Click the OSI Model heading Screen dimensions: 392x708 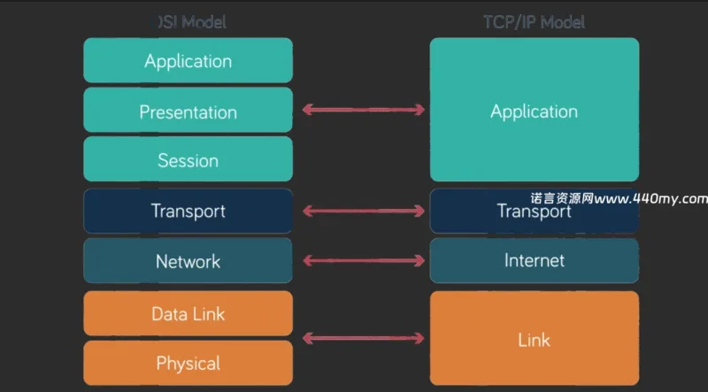(x=191, y=21)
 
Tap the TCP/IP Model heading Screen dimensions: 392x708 (x=534, y=21)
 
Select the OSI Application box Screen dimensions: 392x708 (x=188, y=61)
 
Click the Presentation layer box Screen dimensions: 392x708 (x=188, y=111)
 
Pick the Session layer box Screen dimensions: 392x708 (x=188, y=160)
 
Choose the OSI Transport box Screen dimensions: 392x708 (x=188, y=211)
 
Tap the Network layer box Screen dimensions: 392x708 (x=188, y=261)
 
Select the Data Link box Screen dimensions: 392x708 (x=188, y=313)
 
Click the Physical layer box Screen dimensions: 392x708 (x=188, y=363)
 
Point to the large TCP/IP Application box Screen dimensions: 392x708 (x=534, y=111)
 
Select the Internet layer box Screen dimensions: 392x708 (x=534, y=261)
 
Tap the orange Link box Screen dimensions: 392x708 (x=534, y=339)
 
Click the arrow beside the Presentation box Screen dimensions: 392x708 (x=363, y=110)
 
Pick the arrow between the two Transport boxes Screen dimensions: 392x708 (x=363, y=211)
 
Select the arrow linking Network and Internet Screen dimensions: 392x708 (x=363, y=261)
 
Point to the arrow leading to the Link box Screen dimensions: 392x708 (x=363, y=338)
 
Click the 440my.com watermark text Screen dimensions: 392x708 (x=619, y=198)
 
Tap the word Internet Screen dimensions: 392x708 (x=534, y=261)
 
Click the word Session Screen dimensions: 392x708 (x=188, y=160)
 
